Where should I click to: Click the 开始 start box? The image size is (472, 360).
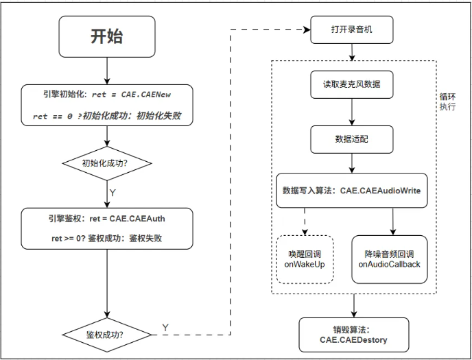coord(106,37)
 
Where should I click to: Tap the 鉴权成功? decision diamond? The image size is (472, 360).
coord(106,335)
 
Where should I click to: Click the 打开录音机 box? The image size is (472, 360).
coord(352,30)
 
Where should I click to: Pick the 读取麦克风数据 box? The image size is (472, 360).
coord(352,84)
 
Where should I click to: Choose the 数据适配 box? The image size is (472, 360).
coord(352,139)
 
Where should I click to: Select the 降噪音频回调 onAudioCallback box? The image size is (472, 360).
coord(389,259)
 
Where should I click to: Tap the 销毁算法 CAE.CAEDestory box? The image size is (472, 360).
coord(353,334)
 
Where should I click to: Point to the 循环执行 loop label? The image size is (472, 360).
coord(447,102)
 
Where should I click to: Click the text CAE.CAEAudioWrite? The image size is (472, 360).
coord(380,191)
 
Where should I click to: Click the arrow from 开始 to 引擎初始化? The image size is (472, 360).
coord(106,71)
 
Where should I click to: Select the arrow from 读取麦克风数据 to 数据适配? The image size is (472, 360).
coord(352,112)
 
